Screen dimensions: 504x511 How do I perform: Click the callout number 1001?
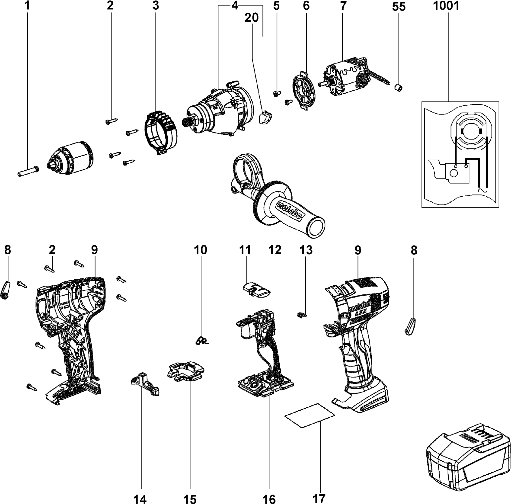coord(446,6)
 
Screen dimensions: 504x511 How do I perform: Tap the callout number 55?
coord(399,7)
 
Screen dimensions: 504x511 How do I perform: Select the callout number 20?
coord(251,18)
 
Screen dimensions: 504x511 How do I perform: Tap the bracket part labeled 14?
coord(145,387)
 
